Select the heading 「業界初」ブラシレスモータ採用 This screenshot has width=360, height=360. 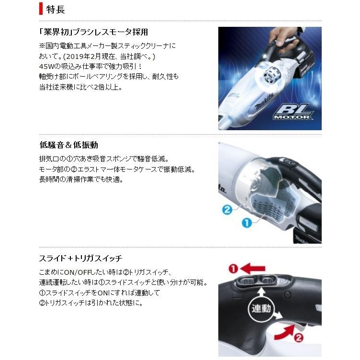coord(94,32)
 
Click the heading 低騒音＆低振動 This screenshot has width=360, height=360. coord(68,145)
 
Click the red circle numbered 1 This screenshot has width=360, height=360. coord(233,269)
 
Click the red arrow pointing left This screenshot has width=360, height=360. coord(252,269)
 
